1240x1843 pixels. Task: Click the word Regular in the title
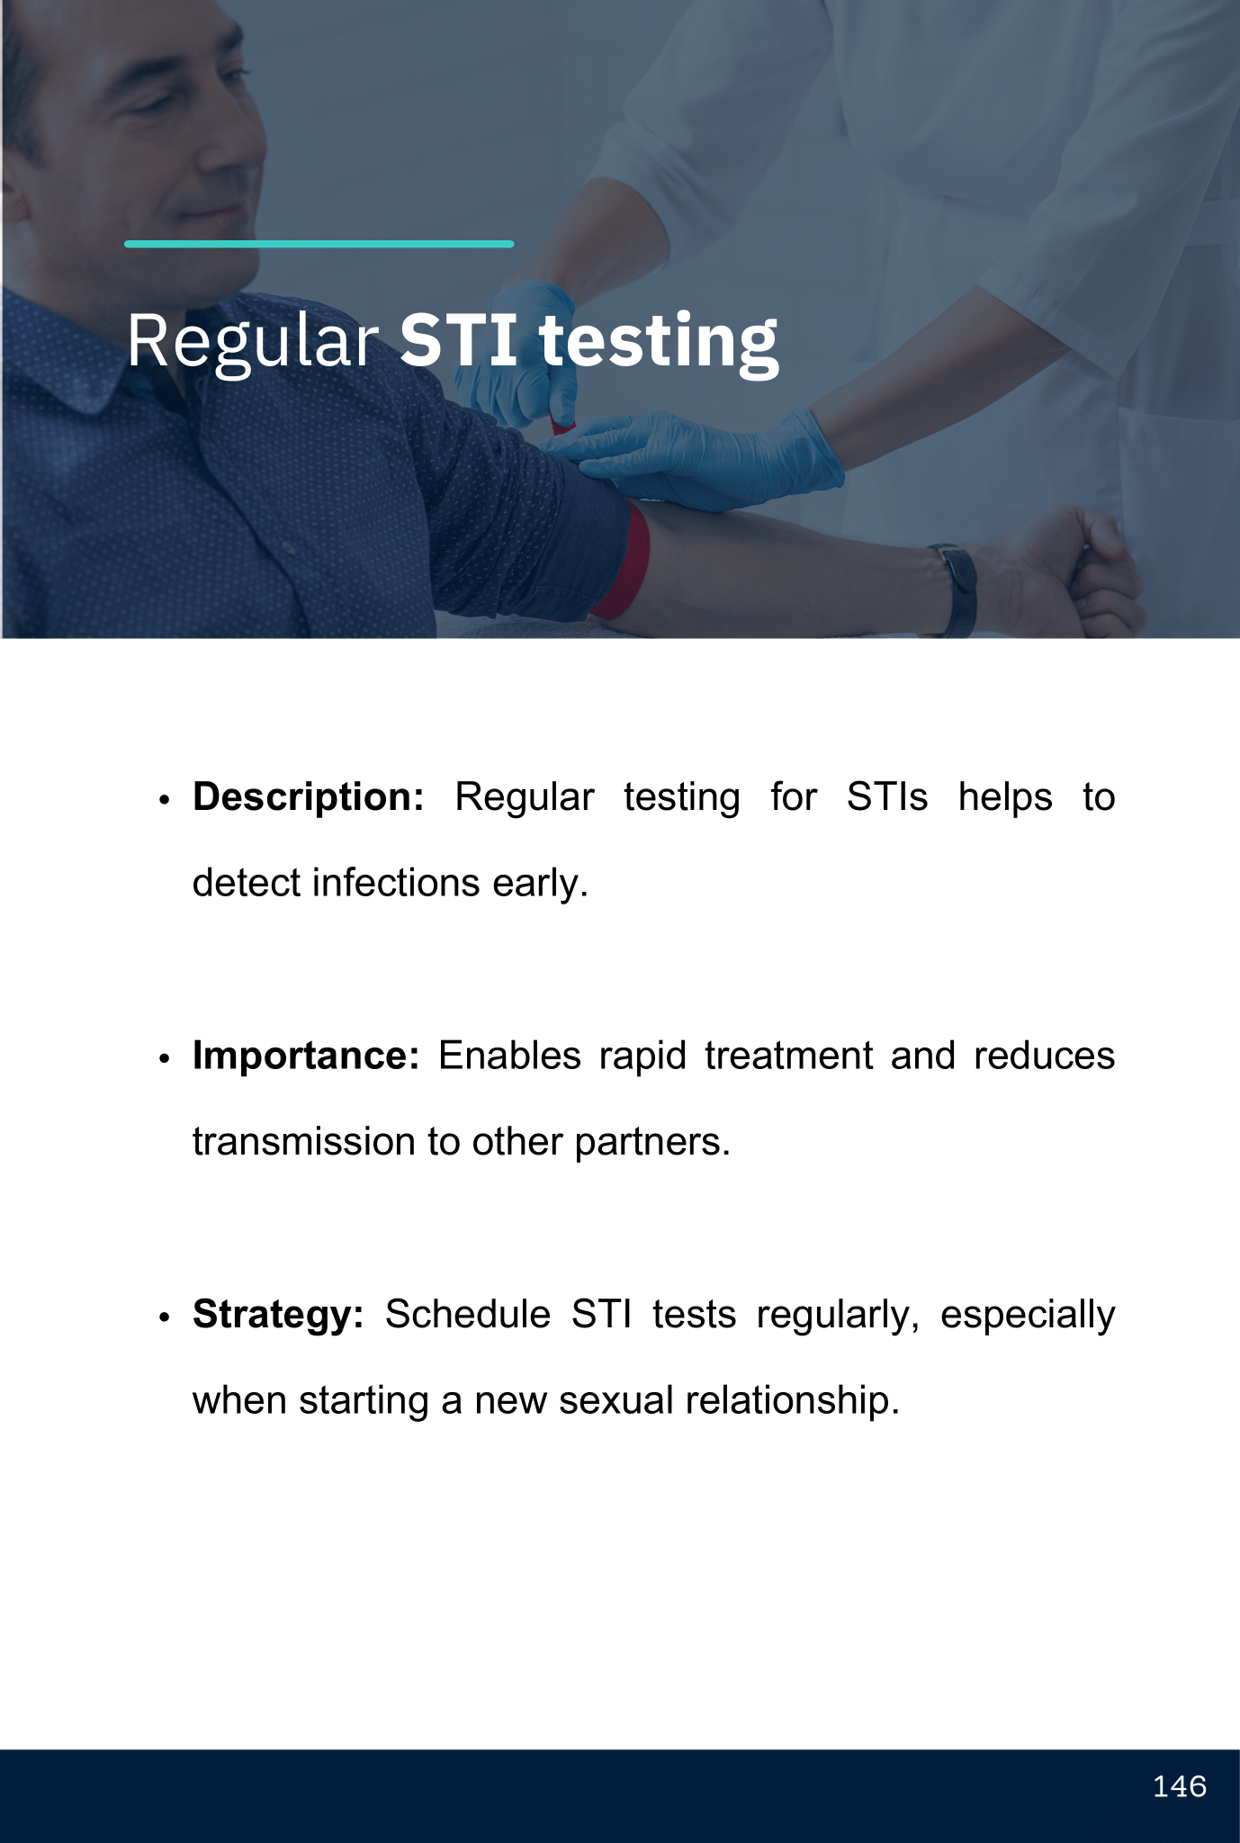[x=252, y=342]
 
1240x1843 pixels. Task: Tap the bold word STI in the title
[x=458, y=339]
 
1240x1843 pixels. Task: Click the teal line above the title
[x=319, y=244]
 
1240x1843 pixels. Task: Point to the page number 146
[x=1179, y=1786]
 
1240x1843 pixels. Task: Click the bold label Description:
[x=309, y=797]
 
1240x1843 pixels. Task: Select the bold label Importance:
[x=306, y=1056]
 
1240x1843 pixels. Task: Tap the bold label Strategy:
[x=278, y=1315]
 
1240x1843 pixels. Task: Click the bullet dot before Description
[x=164, y=800]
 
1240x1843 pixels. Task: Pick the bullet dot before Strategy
[x=164, y=1317]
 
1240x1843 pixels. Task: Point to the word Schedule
[x=468, y=1315]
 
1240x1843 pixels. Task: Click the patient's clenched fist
[x=1093, y=571]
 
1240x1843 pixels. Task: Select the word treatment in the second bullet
[x=788, y=1056]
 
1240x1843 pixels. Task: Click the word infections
[x=396, y=883]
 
